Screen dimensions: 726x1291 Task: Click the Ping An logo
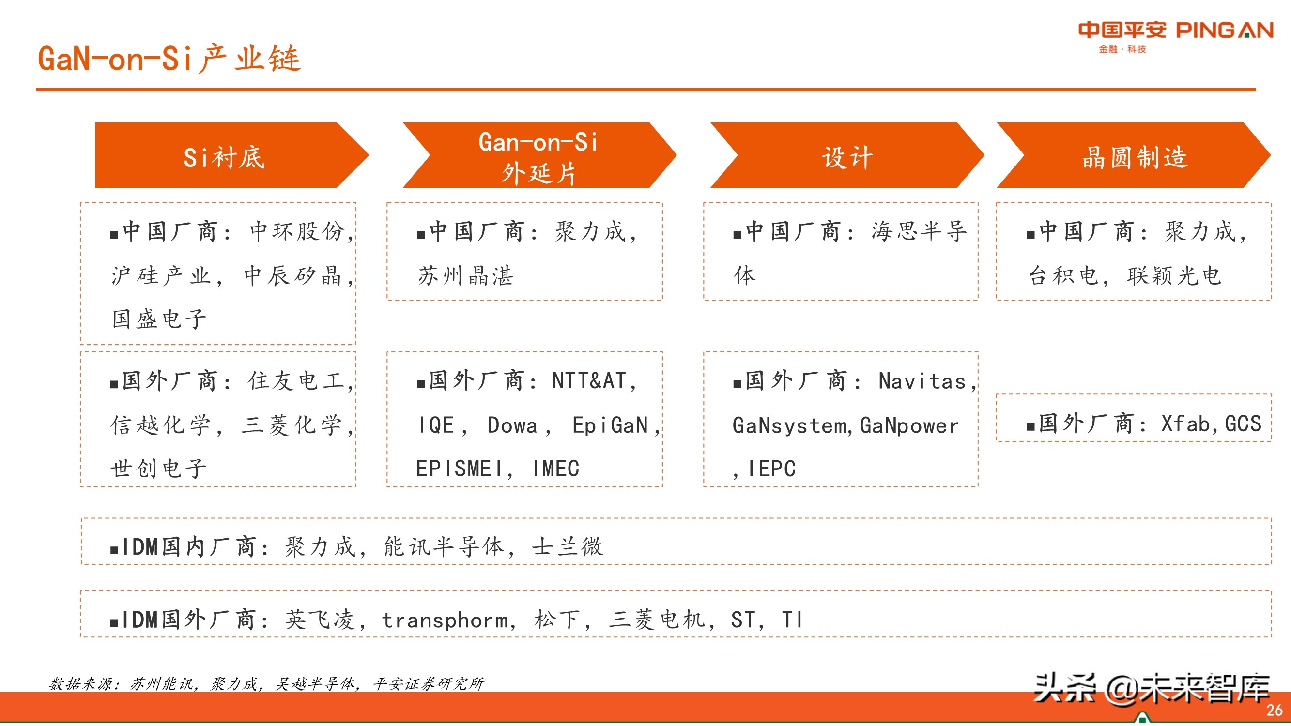1175,35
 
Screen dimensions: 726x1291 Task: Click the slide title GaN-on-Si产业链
169,59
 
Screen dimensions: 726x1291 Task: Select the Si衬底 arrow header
224,157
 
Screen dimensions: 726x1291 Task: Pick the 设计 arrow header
847,157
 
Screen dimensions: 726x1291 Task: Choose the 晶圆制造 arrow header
1135,157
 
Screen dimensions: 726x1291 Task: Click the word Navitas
922,381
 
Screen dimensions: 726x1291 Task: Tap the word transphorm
445,620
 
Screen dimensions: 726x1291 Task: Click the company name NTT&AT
589,381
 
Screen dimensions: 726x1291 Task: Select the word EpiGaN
611,425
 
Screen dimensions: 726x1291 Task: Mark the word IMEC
556,469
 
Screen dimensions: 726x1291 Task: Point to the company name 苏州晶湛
465,275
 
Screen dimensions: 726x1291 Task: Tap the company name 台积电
1062,275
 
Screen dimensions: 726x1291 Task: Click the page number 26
1274,710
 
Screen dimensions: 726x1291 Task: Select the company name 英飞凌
320,620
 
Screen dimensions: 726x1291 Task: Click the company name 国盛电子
159,319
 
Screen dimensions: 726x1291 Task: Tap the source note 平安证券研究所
429,684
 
